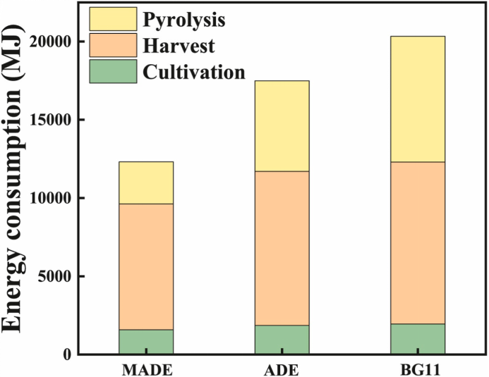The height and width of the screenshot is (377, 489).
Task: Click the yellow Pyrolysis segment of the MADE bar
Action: tap(146, 183)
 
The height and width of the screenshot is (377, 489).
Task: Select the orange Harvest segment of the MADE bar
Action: tap(146, 266)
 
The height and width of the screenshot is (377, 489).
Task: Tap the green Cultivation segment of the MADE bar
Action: tap(146, 341)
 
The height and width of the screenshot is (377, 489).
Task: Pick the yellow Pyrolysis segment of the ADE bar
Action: tap(282, 125)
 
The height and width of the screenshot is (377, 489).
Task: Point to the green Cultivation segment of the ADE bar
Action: tap(282, 339)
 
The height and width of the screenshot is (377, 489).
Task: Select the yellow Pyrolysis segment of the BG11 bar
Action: tap(418, 99)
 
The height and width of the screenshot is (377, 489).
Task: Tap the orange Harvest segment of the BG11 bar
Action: tap(418, 242)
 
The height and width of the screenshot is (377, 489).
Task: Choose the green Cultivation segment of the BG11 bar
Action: tap(418, 338)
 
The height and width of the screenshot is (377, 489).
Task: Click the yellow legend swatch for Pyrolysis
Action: tap(112, 19)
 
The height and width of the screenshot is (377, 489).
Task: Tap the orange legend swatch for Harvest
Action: tap(112, 46)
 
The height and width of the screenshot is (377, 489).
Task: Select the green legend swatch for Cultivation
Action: tap(112, 72)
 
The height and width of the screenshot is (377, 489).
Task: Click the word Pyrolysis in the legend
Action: tap(184, 20)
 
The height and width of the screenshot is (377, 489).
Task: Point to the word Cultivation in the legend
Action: tap(194, 72)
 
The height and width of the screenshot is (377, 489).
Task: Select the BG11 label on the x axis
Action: tap(418, 367)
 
